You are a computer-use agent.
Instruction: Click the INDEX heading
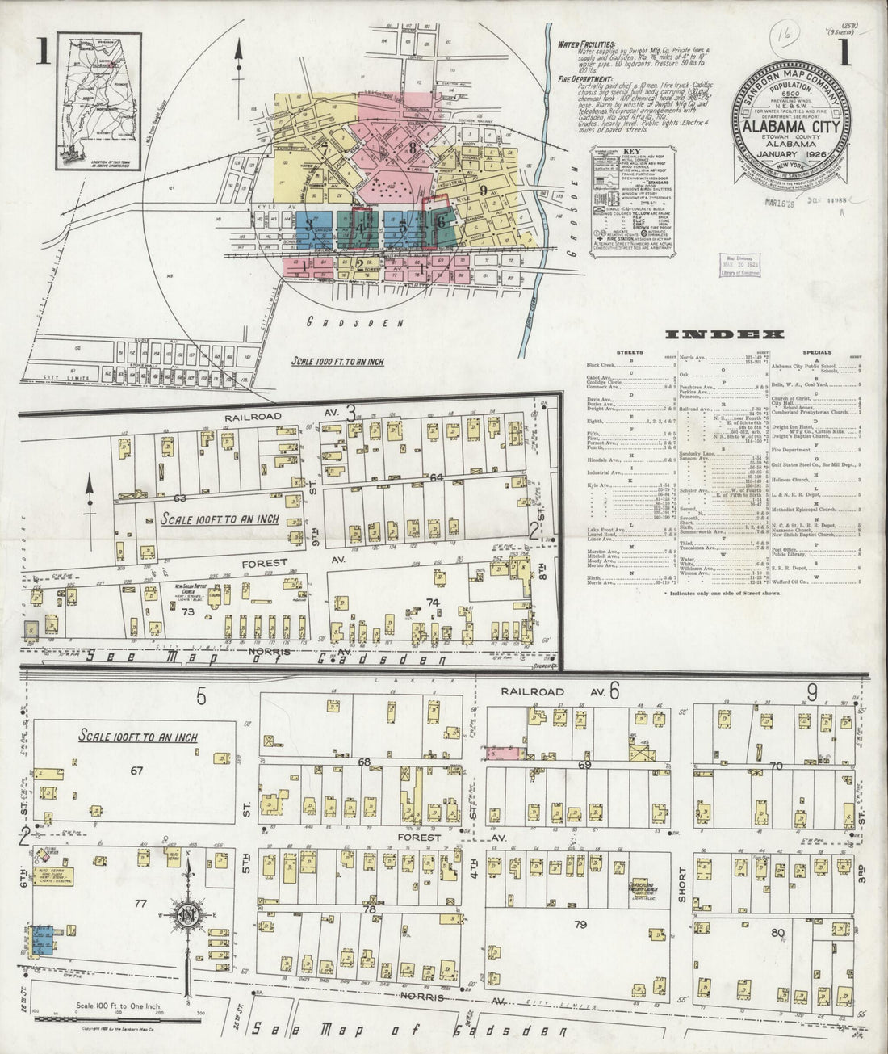point(724,334)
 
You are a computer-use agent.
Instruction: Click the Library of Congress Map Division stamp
point(738,265)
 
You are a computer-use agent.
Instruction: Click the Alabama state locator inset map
point(98,101)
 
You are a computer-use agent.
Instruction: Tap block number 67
point(137,771)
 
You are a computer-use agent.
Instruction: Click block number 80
point(778,934)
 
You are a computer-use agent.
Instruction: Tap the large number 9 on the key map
point(483,191)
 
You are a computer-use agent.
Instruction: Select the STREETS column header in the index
point(630,353)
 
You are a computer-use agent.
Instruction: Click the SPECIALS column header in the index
point(817,353)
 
